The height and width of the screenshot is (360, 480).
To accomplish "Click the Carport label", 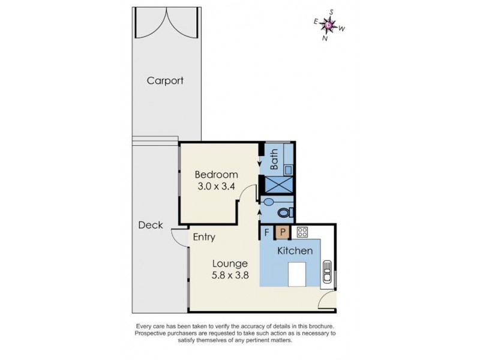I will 165,80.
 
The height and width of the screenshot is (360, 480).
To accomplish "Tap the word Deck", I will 150,225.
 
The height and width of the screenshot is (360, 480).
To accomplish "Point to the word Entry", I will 204,237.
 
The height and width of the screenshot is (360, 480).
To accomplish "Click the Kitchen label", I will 295,250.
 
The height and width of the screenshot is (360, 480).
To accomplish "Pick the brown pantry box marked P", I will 282,232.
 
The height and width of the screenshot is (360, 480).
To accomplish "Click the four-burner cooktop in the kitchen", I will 302,232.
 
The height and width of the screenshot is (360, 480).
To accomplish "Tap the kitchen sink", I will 328,271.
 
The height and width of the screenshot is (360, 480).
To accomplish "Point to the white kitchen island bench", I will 299,275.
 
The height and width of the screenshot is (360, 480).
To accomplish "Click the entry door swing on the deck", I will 178,239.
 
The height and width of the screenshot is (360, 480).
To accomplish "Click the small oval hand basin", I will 268,202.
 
